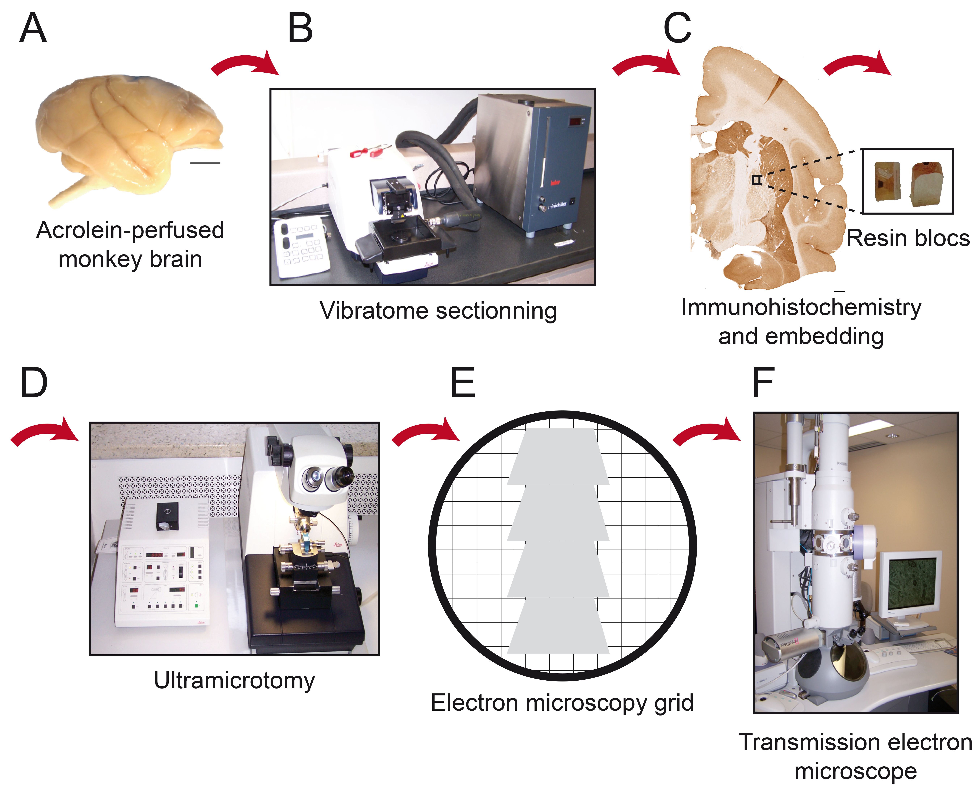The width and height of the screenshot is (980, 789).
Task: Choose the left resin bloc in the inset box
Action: pyautogui.click(x=887, y=181)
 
